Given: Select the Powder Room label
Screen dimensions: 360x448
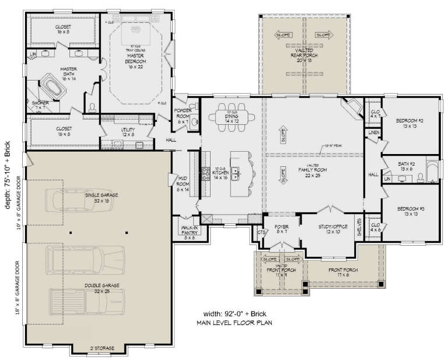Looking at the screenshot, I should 184,117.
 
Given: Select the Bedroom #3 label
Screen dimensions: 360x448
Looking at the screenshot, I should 409,211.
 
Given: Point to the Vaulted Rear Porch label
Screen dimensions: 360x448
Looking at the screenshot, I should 303,56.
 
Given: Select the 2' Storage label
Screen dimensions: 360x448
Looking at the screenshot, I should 101,348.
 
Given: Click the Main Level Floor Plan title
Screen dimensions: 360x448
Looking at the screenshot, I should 236,323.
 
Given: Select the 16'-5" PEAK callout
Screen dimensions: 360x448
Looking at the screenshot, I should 333,147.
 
